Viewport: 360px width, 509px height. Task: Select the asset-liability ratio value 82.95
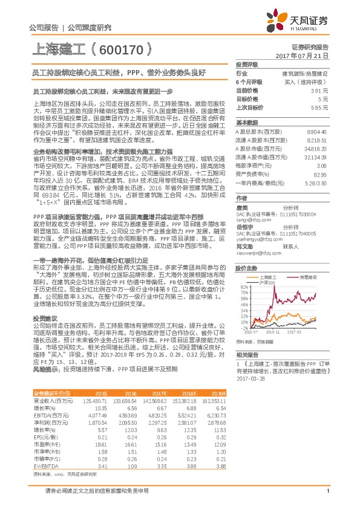[x=320, y=173]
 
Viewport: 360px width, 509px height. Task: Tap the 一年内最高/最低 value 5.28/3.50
[x=316, y=182]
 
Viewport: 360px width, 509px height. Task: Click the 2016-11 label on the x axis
[x=272, y=332]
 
